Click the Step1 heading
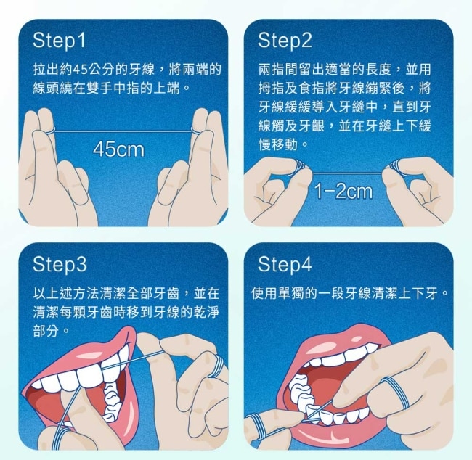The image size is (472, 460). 59,41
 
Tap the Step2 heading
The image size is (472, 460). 285,41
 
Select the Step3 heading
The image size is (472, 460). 60,264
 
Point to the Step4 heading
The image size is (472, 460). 285,264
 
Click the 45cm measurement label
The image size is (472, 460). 118,149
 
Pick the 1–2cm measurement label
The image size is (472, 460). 343,192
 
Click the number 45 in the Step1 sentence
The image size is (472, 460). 80,70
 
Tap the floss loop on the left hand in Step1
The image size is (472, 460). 50,131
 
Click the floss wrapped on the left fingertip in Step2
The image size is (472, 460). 299,166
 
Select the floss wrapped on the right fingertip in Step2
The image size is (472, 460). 396,167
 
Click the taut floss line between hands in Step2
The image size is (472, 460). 347,173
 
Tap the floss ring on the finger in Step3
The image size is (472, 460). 217,366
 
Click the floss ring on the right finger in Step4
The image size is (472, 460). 395,393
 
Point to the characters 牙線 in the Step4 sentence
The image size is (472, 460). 357,293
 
